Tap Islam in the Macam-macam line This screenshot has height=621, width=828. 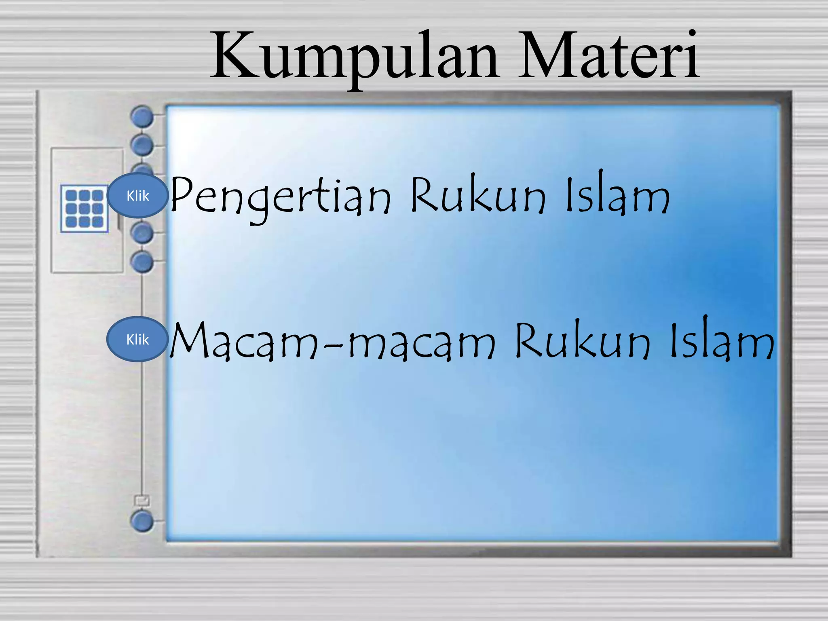tap(722, 340)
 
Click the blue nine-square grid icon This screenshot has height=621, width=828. tap(84, 209)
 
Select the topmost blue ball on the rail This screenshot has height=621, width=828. tap(142, 116)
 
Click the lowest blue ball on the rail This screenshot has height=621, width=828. tap(142, 521)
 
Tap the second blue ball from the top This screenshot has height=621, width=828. tap(142, 145)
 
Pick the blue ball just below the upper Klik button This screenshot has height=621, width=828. tap(142, 233)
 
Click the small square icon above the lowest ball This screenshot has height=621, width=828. tap(142, 501)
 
